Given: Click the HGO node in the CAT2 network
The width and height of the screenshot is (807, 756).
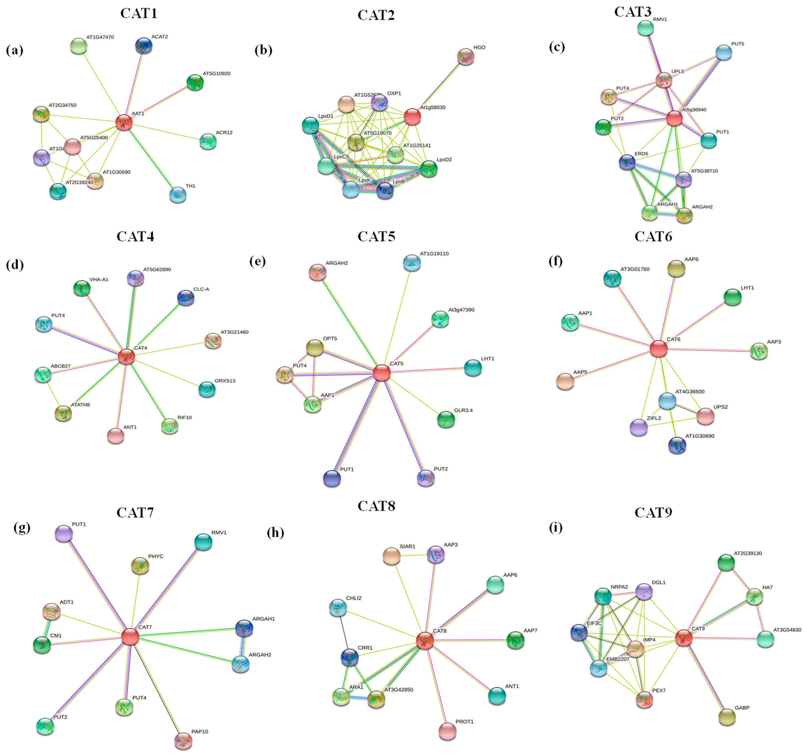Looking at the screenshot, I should pyautogui.click(x=466, y=56).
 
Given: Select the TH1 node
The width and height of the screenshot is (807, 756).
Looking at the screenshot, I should pyautogui.click(x=178, y=195).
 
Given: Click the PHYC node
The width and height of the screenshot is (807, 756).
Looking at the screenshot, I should pyautogui.click(x=140, y=566).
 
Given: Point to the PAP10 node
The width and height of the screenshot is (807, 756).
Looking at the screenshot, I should pyautogui.click(x=183, y=741).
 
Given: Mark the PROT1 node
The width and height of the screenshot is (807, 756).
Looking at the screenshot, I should pyautogui.click(x=447, y=731).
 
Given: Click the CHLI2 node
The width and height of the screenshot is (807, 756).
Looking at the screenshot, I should pyautogui.click(x=338, y=607).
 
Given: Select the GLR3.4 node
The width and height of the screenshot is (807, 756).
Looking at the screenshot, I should pyautogui.click(x=446, y=419).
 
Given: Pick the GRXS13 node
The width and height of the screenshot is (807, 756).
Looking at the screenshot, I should pyautogui.click(x=207, y=389).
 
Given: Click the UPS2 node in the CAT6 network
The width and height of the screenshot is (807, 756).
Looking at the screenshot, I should pyautogui.click(x=706, y=416).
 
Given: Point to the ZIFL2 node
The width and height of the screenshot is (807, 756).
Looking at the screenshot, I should pyautogui.click(x=639, y=427).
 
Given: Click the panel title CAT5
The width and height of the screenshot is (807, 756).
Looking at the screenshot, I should pyautogui.click(x=376, y=236).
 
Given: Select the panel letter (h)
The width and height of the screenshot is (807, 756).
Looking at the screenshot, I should pyautogui.click(x=276, y=532).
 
